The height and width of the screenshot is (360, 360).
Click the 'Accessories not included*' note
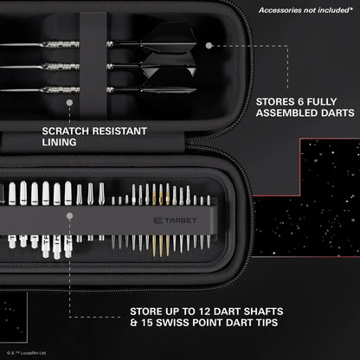pyautogui.click(x=307, y=10)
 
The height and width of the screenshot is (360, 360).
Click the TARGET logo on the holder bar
pyautogui.click(x=179, y=220)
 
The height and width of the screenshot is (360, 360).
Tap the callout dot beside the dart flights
pyautogui.click(x=210, y=45)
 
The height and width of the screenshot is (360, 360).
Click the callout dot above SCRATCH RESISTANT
pyautogui.click(x=67, y=102)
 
